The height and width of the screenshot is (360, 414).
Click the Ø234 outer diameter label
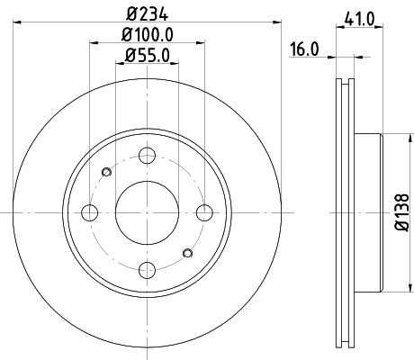pyautogui.click(x=148, y=12)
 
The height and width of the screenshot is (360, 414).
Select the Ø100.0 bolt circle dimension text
pyautogui.click(x=148, y=34)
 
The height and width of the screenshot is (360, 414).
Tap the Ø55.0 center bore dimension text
pyautogui.click(x=148, y=56)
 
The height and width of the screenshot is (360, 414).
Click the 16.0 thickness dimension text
pyautogui.click(x=304, y=50)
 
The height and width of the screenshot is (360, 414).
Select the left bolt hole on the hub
pyautogui.click(x=89, y=212)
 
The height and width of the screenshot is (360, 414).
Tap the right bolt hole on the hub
pyautogui.click(x=205, y=212)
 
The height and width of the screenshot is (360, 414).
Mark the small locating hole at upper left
pyautogui.click(x=107, y=172)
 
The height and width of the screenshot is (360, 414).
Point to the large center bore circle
pyautogui.click(x=148, y=212)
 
